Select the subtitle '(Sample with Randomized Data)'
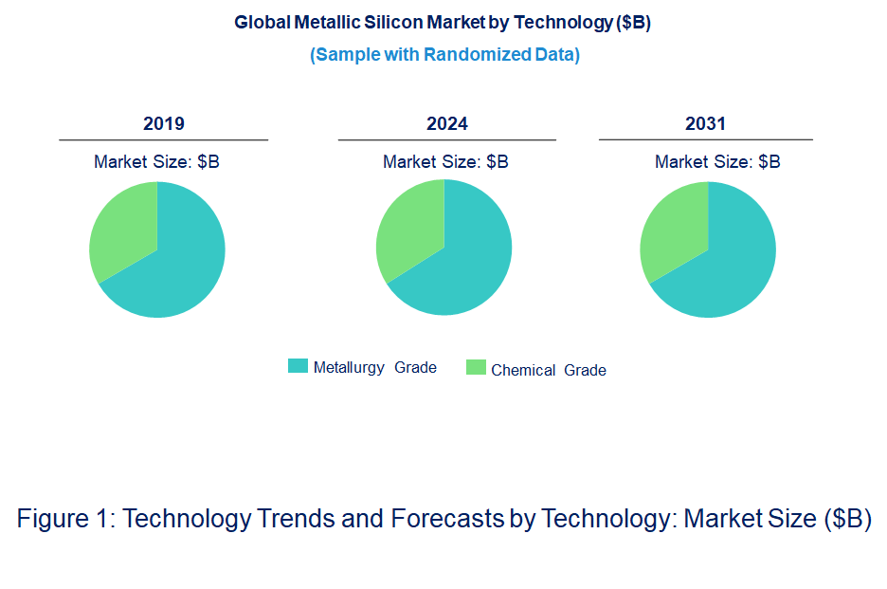(x=444, y=54)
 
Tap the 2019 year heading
(x=163, y=124)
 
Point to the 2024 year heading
(x=446, y=124)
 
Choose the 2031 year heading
(x=705, y=124)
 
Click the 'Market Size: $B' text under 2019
(x=156, y=162)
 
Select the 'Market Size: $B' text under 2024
(x=445, y=162)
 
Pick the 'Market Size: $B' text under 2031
(x=717, y=162)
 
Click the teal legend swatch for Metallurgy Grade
(x=298, y=366)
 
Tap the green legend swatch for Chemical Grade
(x=476, y=367)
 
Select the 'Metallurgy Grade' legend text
(x=375, y=368)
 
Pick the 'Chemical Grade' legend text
(x=549, y=370)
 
